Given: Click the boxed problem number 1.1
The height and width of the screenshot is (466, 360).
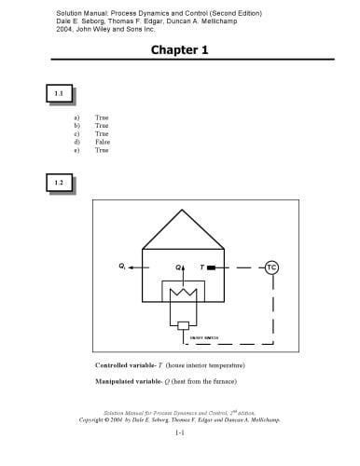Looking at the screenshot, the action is click(58, 93).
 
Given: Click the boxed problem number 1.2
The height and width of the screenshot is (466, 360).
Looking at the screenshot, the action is click(58, 183).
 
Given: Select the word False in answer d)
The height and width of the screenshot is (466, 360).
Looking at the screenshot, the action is click(103, 141).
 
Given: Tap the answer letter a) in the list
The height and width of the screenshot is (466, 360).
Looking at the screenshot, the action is click(76, 118).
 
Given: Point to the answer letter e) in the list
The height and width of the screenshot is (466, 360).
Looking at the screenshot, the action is click(76, 149).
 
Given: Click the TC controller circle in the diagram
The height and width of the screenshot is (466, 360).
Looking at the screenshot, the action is click(271, 267).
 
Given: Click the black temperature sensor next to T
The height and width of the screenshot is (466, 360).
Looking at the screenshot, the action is click(212, 267).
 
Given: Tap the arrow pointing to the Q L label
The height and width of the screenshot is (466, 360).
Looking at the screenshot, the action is click(136, 267).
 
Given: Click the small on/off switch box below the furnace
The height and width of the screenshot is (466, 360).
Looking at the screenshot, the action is click(183, 324).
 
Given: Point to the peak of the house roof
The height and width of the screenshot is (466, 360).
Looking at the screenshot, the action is click(183, 211).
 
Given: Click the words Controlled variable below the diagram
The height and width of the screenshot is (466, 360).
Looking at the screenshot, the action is click(125, 363).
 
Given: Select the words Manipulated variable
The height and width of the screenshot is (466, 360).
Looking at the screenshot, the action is click(128, 381).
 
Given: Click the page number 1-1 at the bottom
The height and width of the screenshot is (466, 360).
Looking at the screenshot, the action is click(180, 433).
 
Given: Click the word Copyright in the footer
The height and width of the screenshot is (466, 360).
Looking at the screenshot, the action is click(93, 420).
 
